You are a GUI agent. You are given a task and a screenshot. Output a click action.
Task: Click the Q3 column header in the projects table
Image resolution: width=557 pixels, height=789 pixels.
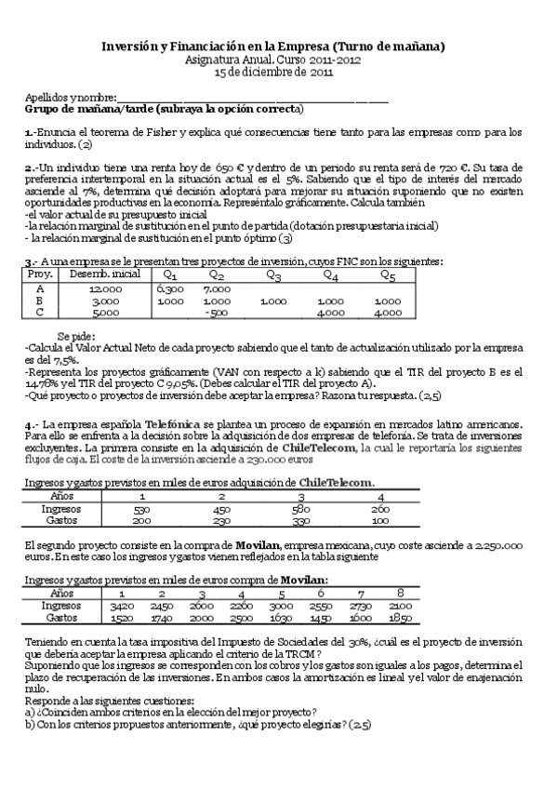273,275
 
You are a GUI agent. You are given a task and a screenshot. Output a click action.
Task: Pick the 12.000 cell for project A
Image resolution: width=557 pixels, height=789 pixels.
106,289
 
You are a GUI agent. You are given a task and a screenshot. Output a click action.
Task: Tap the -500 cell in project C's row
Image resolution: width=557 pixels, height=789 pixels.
217,314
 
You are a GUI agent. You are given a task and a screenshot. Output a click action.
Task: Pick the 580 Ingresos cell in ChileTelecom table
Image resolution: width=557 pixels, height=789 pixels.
299,509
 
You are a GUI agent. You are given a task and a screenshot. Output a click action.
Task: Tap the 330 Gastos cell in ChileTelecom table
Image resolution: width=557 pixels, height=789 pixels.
299,520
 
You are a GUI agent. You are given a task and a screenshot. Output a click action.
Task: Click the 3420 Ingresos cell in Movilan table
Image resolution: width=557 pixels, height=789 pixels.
121,606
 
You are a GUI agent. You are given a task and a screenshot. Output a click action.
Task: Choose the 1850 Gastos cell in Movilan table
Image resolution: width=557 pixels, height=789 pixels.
401,618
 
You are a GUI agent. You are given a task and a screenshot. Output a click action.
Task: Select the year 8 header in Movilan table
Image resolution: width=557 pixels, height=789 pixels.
401,594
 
